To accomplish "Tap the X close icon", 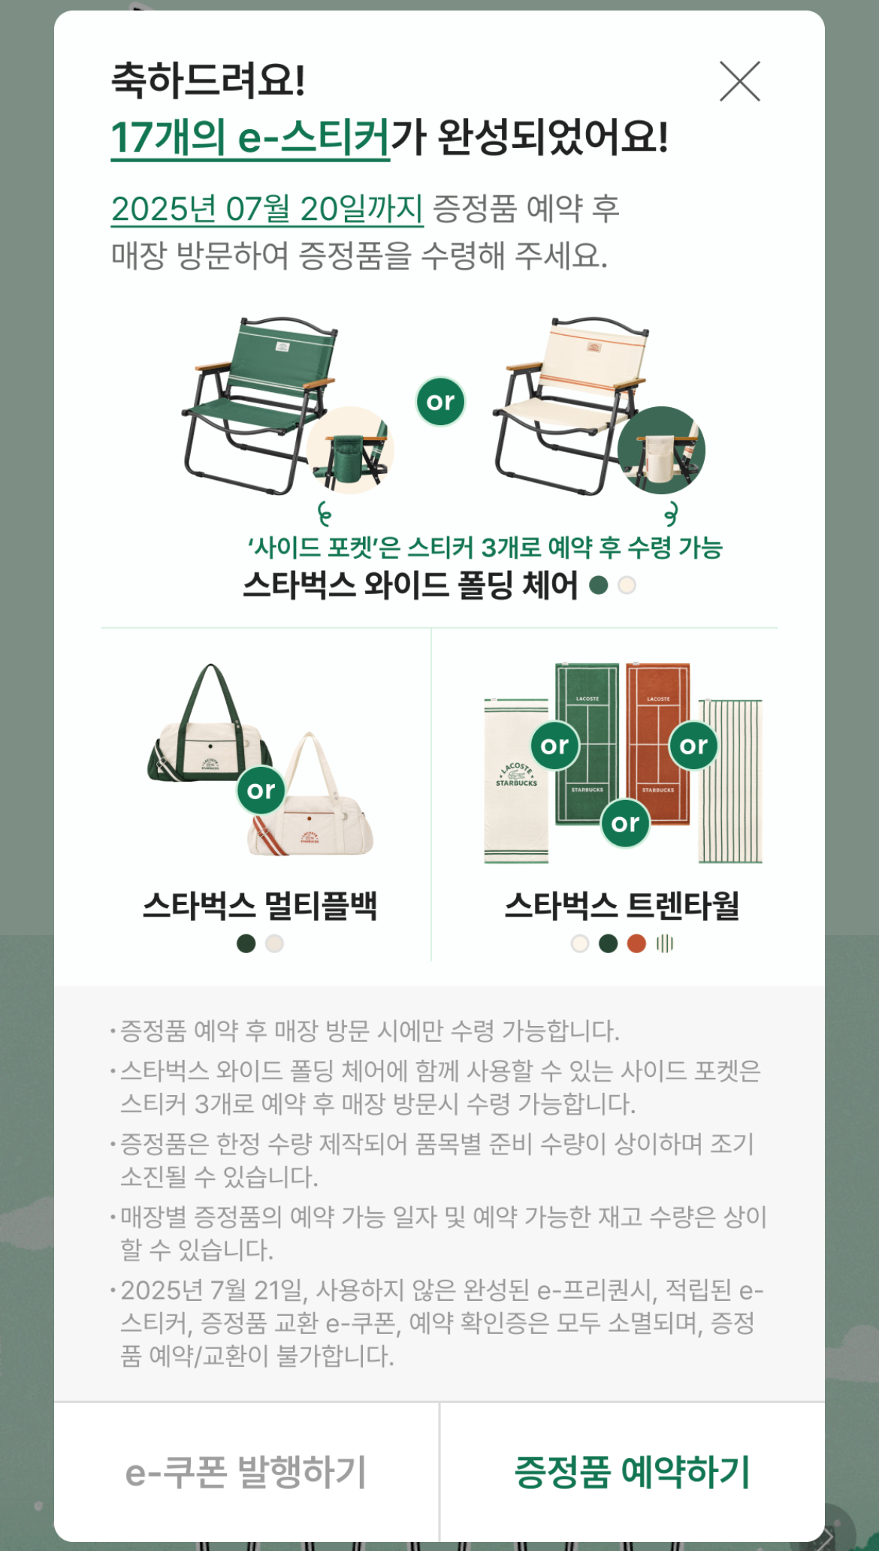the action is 740,81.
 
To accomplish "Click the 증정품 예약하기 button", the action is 633,1471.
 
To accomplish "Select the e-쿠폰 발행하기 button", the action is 246,1471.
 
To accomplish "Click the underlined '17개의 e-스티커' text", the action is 250,137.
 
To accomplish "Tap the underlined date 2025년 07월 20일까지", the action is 267,209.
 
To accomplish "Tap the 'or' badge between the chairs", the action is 440,402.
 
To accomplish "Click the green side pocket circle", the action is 350,450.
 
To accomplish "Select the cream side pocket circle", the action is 661,450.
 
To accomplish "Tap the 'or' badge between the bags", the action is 261,789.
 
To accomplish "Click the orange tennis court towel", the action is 658,744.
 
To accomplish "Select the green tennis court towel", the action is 588,744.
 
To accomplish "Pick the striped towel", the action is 730,781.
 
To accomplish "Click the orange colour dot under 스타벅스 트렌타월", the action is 636,943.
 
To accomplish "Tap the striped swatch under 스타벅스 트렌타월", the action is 665,943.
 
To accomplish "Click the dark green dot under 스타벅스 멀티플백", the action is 246,943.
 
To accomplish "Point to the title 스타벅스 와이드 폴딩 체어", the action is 410,585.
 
